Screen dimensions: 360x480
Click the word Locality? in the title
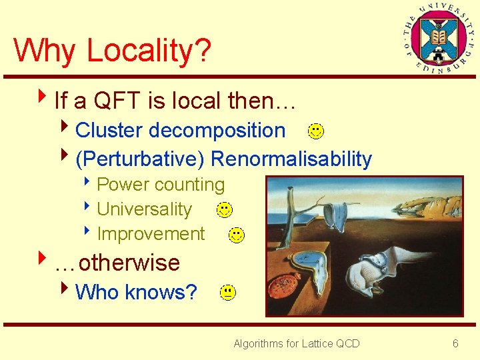pyautogui.click(x=149, y=50)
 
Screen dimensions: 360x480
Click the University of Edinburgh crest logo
pyautogui.click(x=435, y=36)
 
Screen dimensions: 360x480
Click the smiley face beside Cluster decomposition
pyautogui.click(x=317, y=131)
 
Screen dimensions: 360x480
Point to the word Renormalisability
pyautogui.click(x=291, y=159)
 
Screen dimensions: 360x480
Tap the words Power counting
pyautogui.click(x=161, y=185)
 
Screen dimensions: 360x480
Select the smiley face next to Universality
pyautogui.click(x=225, y=210)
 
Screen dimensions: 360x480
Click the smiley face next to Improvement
pyautogui.click(x=236, y=235)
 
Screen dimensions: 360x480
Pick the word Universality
pyautogui.click(x=144, y=209)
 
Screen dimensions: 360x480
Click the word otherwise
pyautogui.click(x=129, y=263)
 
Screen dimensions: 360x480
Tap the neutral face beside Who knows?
pyautogui.click(x=227, y=292)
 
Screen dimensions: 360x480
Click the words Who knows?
pyautogui.click(x=136, y=292)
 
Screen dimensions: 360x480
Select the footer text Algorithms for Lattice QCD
pyautogui.click(x=296, y=343)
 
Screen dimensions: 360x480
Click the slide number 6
pyautogui.click(x=455, y=343)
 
